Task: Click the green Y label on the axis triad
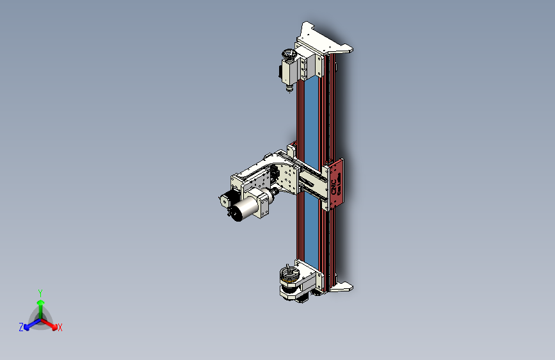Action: click(x=40, y=292)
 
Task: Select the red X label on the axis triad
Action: click(x=60, y=328)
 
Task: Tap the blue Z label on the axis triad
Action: click(x=21, y=327)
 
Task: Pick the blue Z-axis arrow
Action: click(x=29, y=323)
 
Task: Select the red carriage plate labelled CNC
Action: click(x=337, y=183)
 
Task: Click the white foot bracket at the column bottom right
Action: click(x=342, y=287)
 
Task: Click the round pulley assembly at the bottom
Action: click(x=291, y=279)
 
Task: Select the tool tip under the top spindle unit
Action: click(x=289, y=90)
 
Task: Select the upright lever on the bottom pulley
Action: click(x=289, y=268)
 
